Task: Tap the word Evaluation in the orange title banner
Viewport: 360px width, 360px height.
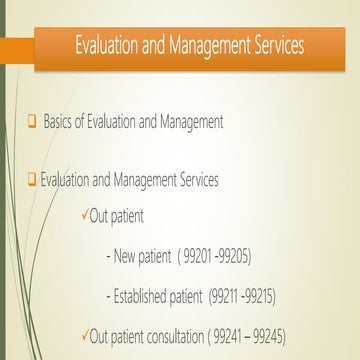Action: [112, 47]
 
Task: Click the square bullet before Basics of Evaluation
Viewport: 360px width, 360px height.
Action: [32, 121]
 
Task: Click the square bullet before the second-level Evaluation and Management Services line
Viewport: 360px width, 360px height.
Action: [32, 180]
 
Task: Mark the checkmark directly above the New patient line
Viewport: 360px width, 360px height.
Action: [85, 214]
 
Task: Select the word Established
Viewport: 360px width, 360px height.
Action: [139, 297]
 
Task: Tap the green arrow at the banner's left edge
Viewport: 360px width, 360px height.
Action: [20, 47]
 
